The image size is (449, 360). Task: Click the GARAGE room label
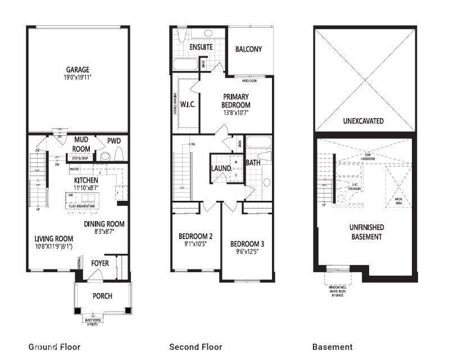pyautogui.click(x=76, y=70)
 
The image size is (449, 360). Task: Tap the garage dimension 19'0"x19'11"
pyautogui.click(x=76, y=78)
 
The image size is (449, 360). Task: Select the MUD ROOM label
pyautogui.click(x=82, y=145)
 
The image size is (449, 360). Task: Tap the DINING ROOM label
pyautogui.click(x=104, y=224)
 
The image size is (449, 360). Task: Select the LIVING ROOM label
pyautogui.click(x=53, y=238)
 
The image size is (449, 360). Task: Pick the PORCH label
pyautogui.click(x=102, y=296)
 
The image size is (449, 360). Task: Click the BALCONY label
pyautogui.click(x=248, y=49)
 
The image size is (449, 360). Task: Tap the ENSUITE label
pyautogui.click(x=201, y=47)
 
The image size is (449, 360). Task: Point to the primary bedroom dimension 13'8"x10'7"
pyautogui.click(x=236, y=112)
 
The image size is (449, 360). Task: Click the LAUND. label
pyautogui.click(x=221, y=168)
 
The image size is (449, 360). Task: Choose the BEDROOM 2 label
pyautogui.click(x=195, y=236)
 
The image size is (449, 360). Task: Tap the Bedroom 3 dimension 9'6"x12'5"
pyautogui.click(x=247, y=252)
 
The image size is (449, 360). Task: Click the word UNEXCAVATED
pyautogui.click(x=363, y=121)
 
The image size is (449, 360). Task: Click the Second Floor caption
pyautogui.click(x=196, y=346)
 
